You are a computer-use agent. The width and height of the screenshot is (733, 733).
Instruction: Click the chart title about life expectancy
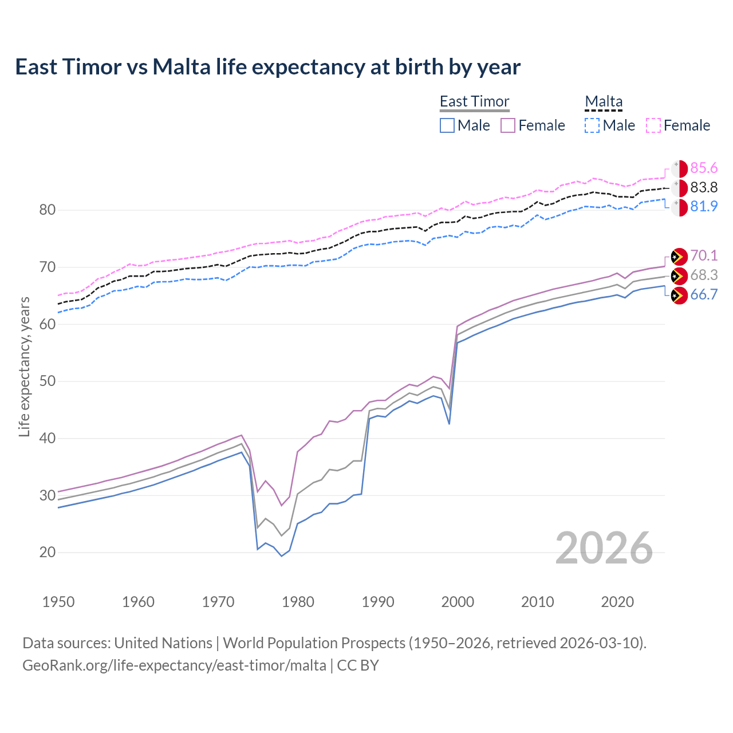pos(267,67)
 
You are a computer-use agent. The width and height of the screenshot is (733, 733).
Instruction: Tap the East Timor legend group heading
pos(474,101)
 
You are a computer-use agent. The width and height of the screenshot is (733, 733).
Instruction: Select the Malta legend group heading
pos(604,101)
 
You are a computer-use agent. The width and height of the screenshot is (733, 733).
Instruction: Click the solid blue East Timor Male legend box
pos(447,125)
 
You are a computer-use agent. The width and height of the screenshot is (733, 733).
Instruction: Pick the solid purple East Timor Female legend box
pos(508,125)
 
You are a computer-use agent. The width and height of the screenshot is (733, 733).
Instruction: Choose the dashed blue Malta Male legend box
pos(592,125)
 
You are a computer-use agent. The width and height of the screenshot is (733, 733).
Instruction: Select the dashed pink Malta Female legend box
pos(653,125)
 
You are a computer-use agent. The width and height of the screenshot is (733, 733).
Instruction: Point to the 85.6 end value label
pos(704,168)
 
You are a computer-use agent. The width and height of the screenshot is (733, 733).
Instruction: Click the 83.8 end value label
pos(704,187)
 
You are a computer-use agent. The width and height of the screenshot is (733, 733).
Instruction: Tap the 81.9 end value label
pos(704,206)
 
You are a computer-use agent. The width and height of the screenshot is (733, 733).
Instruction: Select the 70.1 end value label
pos(704,255)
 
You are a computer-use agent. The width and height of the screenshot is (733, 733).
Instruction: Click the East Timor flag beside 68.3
pos(679,275)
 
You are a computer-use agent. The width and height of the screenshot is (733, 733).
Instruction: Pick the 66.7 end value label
pos(704,294)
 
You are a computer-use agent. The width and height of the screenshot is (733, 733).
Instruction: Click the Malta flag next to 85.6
pos(679,168)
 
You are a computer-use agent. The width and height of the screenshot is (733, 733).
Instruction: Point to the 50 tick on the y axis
pos(48,381)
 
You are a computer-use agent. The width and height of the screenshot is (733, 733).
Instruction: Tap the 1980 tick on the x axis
pos(298,602)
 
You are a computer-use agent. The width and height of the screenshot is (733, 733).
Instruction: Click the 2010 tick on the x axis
pos(537,602)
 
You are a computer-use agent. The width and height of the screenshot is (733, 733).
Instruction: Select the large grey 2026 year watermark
pos(604,548)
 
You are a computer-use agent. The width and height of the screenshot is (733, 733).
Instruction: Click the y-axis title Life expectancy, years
pos(24,366)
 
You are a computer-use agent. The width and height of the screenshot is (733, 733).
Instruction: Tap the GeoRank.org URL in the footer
pos(174,665)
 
